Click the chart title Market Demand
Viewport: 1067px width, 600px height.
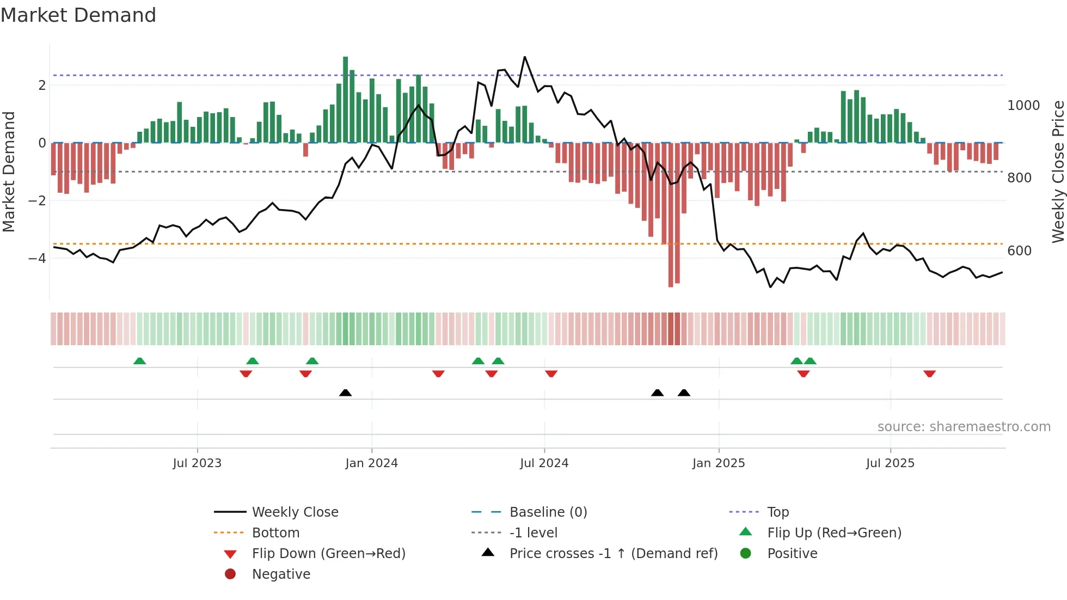[78, 15]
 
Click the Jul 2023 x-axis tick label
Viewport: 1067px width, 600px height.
[197, 463]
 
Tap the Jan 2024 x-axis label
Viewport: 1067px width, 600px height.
[371, 463]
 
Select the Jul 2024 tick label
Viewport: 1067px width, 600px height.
[544, 463]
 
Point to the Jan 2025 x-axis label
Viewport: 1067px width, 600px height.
[719, 463]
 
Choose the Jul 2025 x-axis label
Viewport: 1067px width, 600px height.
[890, 463]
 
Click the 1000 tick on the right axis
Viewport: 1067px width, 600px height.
[1023, 106]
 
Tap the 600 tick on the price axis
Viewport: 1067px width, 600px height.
[1019, 251]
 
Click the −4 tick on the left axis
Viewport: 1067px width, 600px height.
[37, 258]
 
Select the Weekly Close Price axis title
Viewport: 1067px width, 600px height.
[1058, 172]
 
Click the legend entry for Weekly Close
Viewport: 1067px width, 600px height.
[295, 512]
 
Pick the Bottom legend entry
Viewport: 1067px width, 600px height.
[275, 533]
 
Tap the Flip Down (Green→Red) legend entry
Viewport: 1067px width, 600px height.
[328, 554]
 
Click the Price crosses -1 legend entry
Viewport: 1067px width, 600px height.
[613, 554]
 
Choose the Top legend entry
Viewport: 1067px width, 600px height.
[777, 512]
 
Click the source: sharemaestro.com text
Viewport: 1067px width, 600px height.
[964, 427]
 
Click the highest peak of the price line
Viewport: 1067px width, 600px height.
[525, 57]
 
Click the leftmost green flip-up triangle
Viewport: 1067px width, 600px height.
[140, 361]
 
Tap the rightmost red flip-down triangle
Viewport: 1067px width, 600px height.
[929, 374]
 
